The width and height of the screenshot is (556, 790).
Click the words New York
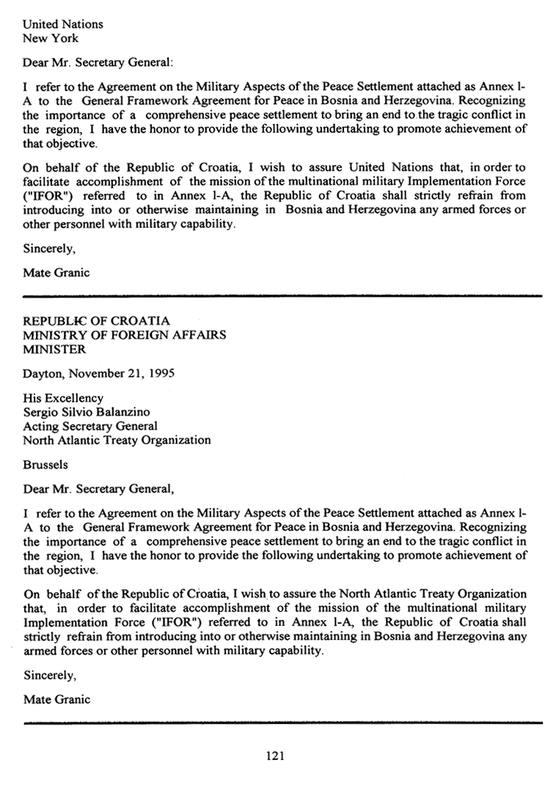(x=51, y=38)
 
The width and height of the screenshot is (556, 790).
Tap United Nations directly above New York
(x=63, y=24)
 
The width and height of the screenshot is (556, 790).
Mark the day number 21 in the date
(x=133, y=373)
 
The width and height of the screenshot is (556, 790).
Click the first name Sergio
(x=42, y=412)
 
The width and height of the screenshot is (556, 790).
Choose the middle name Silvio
(x=80, y=412)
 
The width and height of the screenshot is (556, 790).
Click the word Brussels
(x=46, y=464)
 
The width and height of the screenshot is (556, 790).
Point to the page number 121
(x=274, y=756)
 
